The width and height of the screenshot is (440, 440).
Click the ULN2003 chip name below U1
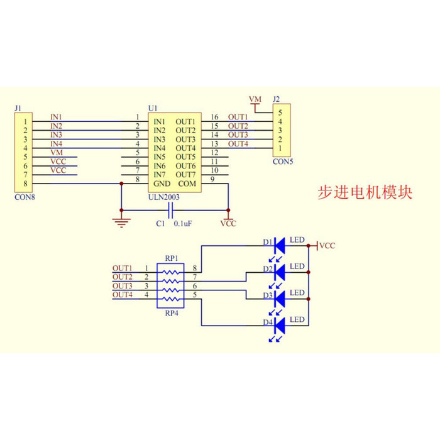coord(165,196)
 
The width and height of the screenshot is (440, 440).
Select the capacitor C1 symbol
coord(170,211)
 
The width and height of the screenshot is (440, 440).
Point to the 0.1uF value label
coord(184,223)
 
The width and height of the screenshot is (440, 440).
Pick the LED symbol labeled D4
coord(280,324)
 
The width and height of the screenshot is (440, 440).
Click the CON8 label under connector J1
coord(24,197)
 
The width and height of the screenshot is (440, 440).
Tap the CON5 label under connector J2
coord(282,161)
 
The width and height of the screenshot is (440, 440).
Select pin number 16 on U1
coord(214,118)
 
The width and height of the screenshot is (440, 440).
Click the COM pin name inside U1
coord(187,183)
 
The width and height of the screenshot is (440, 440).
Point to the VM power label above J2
coord(255,100)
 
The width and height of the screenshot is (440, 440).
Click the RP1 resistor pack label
coord(172,258)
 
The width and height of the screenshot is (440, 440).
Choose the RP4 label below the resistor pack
coord(172,313)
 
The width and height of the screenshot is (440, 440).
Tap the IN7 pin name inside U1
coord(160,174)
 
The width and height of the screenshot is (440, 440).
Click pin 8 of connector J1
coord(26,183)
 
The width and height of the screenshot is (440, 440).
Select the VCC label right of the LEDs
coord(327,246)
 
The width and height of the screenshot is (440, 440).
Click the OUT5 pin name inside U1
coord(185,157)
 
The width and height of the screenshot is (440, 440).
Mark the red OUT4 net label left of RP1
coord(123,295)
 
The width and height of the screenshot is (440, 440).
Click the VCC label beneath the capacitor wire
coord(228,224)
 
